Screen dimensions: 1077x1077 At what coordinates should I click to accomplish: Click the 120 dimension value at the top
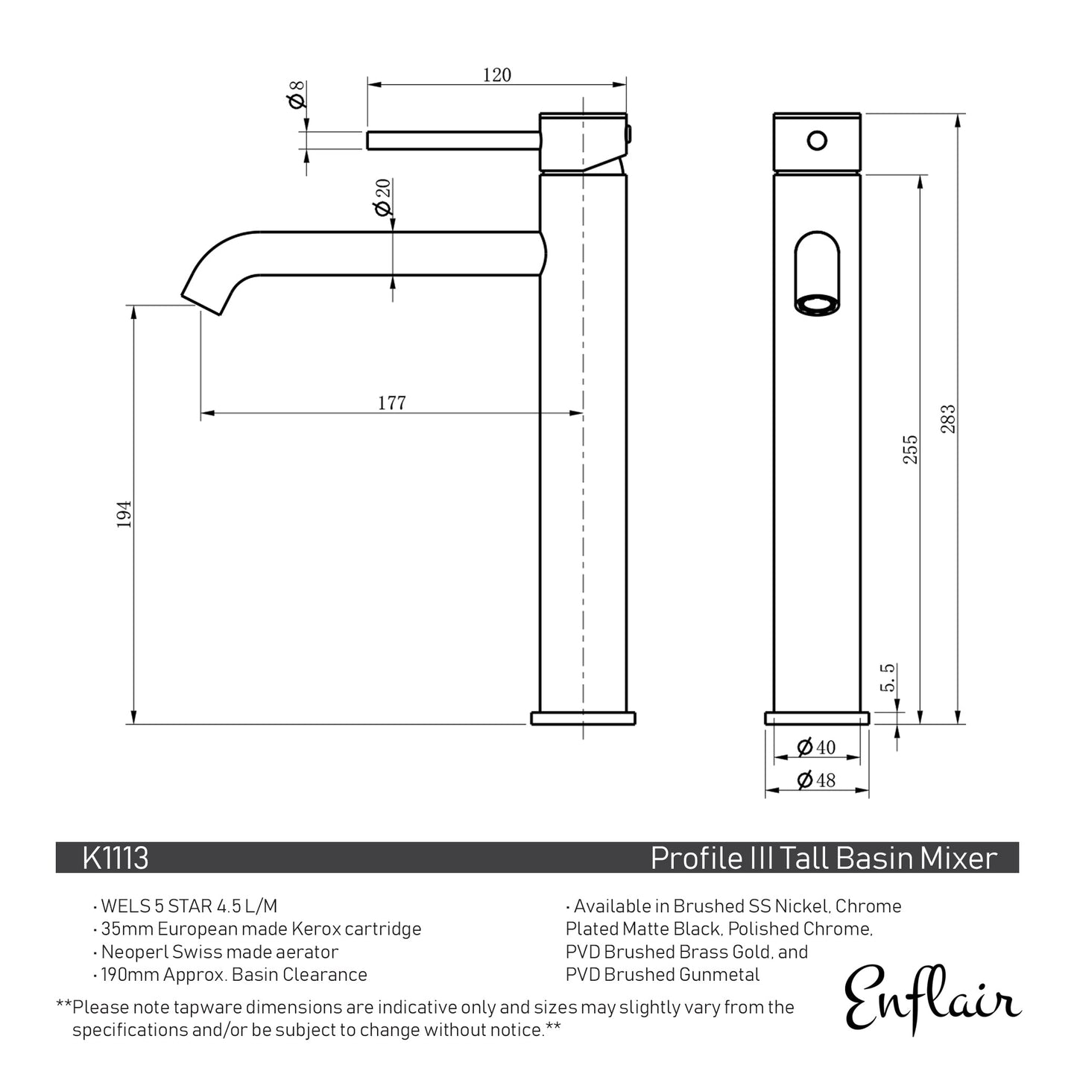(496, 75)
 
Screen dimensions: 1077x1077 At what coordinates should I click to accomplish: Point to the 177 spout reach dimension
(391, 403)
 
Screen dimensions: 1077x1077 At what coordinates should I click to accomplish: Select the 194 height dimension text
(124, 514)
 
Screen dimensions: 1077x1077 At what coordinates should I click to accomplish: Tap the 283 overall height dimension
(947, 420)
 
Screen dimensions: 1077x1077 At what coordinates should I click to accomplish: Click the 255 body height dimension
(910, 449)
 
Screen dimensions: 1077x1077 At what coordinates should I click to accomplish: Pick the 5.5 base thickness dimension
(888, 678)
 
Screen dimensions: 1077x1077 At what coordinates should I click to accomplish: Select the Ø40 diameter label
(816, 747)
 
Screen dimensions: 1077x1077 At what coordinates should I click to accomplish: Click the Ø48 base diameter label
(816, 780)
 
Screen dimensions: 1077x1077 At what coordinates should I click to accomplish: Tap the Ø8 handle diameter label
(297, 94)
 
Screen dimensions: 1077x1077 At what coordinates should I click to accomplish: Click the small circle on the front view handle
(818, 140)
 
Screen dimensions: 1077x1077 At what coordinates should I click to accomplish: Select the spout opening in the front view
(817, 304)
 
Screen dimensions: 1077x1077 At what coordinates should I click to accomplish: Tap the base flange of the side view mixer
(583, 718)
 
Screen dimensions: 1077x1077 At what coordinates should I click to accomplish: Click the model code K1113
(116, 858)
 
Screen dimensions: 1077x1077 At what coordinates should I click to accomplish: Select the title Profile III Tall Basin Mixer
(824, 858)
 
